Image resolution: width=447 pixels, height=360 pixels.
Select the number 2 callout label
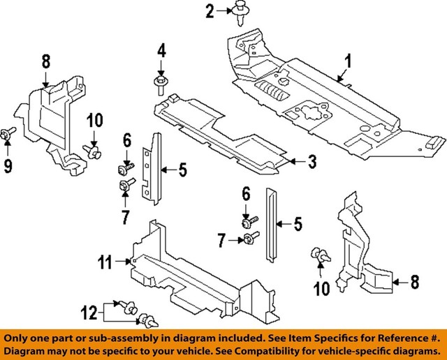209,10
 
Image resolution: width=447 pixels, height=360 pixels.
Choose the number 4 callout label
161,51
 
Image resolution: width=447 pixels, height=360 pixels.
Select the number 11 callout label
104,262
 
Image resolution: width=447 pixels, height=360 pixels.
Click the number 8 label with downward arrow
45,61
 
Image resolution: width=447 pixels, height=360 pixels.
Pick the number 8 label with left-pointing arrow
414,283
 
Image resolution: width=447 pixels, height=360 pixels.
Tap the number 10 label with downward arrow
94,121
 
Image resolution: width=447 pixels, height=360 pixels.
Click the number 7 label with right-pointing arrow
221,241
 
